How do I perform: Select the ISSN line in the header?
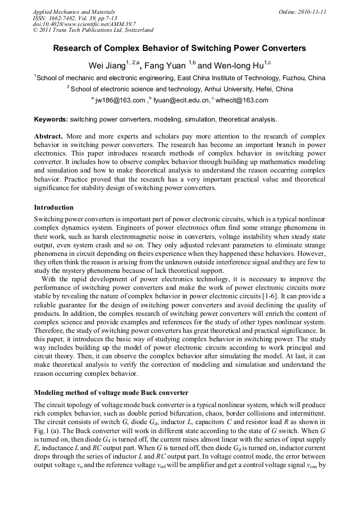point(74,18)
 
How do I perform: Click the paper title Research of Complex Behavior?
point(179,48)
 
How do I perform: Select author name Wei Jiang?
point(104,66)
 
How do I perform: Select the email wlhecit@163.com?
point(242,100)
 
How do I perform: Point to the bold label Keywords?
point(51,119)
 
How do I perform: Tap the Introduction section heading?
point(54,207)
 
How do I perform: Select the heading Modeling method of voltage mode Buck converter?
point(111,393)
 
